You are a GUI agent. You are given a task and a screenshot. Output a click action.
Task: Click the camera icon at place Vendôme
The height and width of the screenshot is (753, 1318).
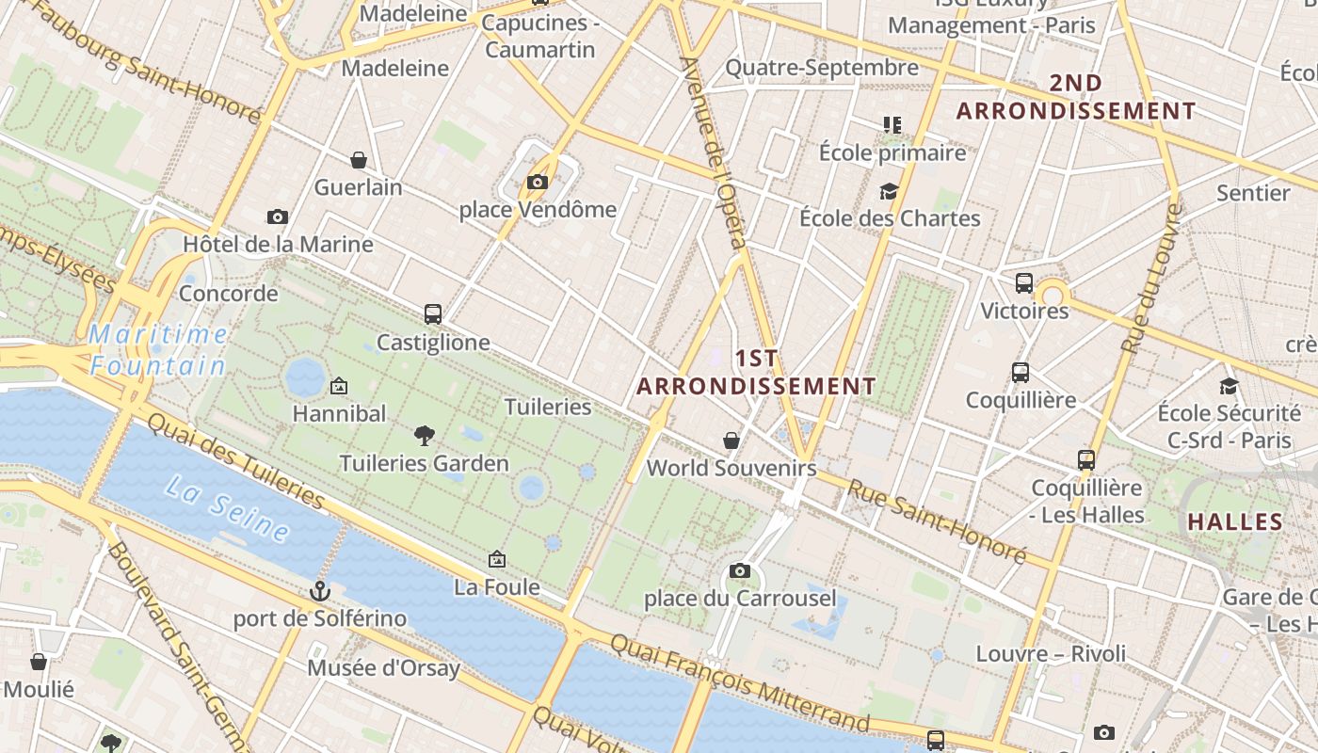click(x=538, y=182)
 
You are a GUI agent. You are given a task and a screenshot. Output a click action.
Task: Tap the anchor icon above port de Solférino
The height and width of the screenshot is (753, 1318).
click(x=320, y=591)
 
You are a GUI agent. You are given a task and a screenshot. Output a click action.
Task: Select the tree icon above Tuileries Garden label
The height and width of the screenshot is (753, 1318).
click(x=425, y=435)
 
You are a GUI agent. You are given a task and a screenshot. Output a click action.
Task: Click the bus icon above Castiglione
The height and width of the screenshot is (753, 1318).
click(x=433, y=314)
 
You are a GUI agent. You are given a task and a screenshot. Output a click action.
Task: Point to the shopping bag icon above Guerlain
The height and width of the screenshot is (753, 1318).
click(x=358, y=160)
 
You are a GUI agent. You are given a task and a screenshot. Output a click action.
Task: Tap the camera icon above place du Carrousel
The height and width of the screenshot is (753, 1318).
click(x=740, y=570)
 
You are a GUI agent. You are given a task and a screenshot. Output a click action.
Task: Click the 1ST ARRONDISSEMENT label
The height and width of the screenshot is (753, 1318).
click(x=756, y=373)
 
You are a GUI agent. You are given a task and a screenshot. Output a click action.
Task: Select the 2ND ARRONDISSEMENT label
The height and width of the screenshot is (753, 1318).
click(x=1076, y=97)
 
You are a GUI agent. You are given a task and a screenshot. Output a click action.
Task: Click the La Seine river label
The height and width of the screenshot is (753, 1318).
click(x=227, y=508)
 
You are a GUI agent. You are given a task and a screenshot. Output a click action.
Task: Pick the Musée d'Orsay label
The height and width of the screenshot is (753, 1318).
click(x=384, y=668)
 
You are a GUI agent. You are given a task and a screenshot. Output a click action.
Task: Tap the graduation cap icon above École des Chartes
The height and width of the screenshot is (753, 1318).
click(x=889, y=192)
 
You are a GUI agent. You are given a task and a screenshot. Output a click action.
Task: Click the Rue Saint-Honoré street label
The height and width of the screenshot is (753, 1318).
click(x=936, y=521)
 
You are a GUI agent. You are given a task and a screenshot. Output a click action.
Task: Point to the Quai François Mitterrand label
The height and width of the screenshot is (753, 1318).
click(x=739, y=682)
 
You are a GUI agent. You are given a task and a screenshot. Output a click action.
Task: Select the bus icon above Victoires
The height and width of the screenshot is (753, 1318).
click(x=1024, y=282)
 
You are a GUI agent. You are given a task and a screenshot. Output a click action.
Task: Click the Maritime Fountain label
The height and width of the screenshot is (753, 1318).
click(x=158, y=349)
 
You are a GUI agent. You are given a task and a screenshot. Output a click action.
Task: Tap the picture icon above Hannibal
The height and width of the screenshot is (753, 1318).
click(x=339, y=386)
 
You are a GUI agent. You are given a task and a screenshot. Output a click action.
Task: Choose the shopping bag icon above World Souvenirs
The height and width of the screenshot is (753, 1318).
click(x=731, y=440)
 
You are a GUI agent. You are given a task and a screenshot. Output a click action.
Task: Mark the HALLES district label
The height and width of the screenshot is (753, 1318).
click(x=1235, y=521)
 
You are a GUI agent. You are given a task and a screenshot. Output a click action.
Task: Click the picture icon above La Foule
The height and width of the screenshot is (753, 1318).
click(x=497, y=559)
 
